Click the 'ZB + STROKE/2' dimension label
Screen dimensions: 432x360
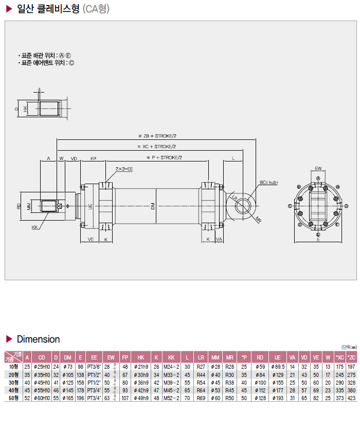(154, 136)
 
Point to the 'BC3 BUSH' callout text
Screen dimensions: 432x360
(268, 183)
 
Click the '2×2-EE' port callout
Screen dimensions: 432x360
(124, 169)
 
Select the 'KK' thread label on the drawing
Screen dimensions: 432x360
(34, 227)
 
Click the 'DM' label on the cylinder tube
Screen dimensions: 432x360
(153, 206)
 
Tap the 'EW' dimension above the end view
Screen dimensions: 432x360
(318, 168)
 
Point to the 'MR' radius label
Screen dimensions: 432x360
(258, 219)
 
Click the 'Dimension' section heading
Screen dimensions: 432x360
(38, 339)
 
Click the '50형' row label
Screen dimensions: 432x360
(13, 398)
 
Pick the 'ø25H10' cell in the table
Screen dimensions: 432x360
(42, 367)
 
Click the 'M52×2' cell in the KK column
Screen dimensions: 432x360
(171, 398)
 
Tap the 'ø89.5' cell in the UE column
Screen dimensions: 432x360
(278, 367)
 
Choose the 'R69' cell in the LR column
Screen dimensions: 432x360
(201, 398)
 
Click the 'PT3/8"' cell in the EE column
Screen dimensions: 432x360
(94, 367)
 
